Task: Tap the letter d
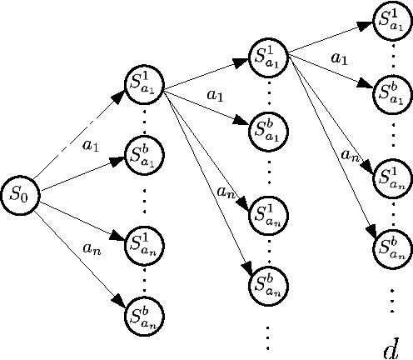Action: click(391, 347)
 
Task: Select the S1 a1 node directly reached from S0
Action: click(145, 82)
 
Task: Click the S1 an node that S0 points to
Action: click(145, 242)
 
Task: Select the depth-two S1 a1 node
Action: click(269, 57)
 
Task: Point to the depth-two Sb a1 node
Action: click(269, 129)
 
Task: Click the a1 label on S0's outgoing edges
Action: click(92, 145)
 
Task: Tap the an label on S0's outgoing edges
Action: click(92, 246)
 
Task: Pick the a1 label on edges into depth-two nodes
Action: click(216, 97)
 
